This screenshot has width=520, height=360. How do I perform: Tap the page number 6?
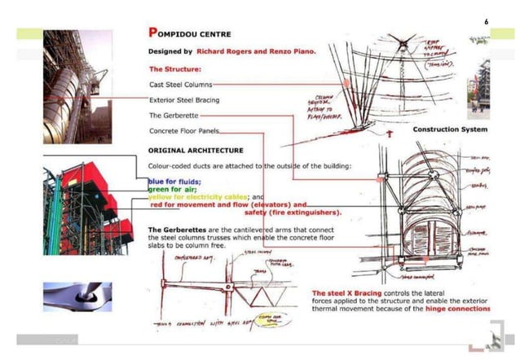click(x=487, y=21)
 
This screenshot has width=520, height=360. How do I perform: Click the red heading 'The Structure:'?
click(x=174, y=68)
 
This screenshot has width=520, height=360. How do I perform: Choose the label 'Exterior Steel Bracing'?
click(x=184, y=99)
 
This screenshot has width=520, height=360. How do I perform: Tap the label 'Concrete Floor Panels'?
click(x=184, y=131)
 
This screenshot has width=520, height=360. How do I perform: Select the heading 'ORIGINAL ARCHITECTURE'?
click(x=195, y=150)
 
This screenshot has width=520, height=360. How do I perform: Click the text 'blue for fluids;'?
click(x=174, y=181)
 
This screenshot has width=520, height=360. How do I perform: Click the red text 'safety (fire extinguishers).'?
click(x=293, y=213)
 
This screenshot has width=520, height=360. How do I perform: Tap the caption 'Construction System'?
click(x=451, y=130)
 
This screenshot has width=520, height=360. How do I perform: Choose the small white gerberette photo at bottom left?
click(x=77, y=296)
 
